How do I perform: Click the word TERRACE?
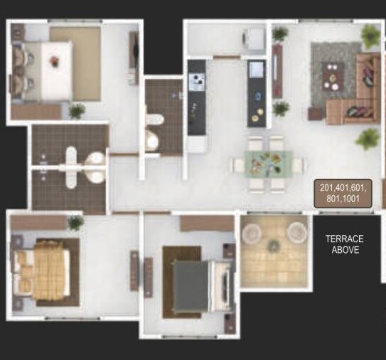point(344,239)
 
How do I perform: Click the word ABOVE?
point(345,250)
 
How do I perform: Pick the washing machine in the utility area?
point(253,39)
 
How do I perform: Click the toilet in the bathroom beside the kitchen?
point(151,139)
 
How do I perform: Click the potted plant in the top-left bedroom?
point(77,111)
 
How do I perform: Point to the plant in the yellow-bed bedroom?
point(75,222)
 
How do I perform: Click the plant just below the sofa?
point(368,138)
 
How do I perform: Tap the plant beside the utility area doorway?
point(280,33)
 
